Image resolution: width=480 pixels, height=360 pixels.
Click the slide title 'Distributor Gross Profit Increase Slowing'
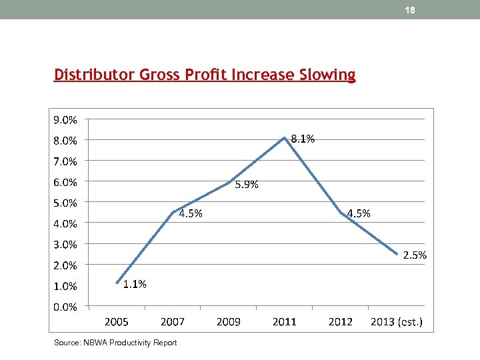click(205, 75)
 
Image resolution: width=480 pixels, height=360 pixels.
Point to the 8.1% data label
click(303, 139)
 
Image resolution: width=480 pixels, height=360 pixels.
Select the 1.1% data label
click(135, 284)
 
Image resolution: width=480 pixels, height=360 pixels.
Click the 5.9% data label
click(247, 185)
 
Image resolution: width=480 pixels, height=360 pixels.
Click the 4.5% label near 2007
click(191, 213)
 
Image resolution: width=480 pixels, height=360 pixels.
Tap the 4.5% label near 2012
click(359, 213)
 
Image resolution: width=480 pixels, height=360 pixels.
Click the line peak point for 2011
click(285, 138)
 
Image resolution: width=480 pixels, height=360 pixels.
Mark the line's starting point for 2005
click(117, 283)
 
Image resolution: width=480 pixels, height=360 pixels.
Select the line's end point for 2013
click(397, 254)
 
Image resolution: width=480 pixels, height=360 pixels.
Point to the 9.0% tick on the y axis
click(65, 120)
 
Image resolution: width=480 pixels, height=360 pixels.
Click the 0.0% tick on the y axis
click(65, 307)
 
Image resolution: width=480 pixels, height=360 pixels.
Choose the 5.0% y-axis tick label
click(65, 203)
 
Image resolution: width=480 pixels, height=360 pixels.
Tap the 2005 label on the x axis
click(117, 322)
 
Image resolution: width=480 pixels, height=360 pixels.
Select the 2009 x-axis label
click(229, 322)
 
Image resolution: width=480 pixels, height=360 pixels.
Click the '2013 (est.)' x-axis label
click(396, 322)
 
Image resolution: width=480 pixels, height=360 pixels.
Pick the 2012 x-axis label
click(341, 322)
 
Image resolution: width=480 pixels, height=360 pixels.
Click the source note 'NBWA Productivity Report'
click(115, 343)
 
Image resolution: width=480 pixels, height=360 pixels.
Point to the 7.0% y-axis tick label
click(65, 161)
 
